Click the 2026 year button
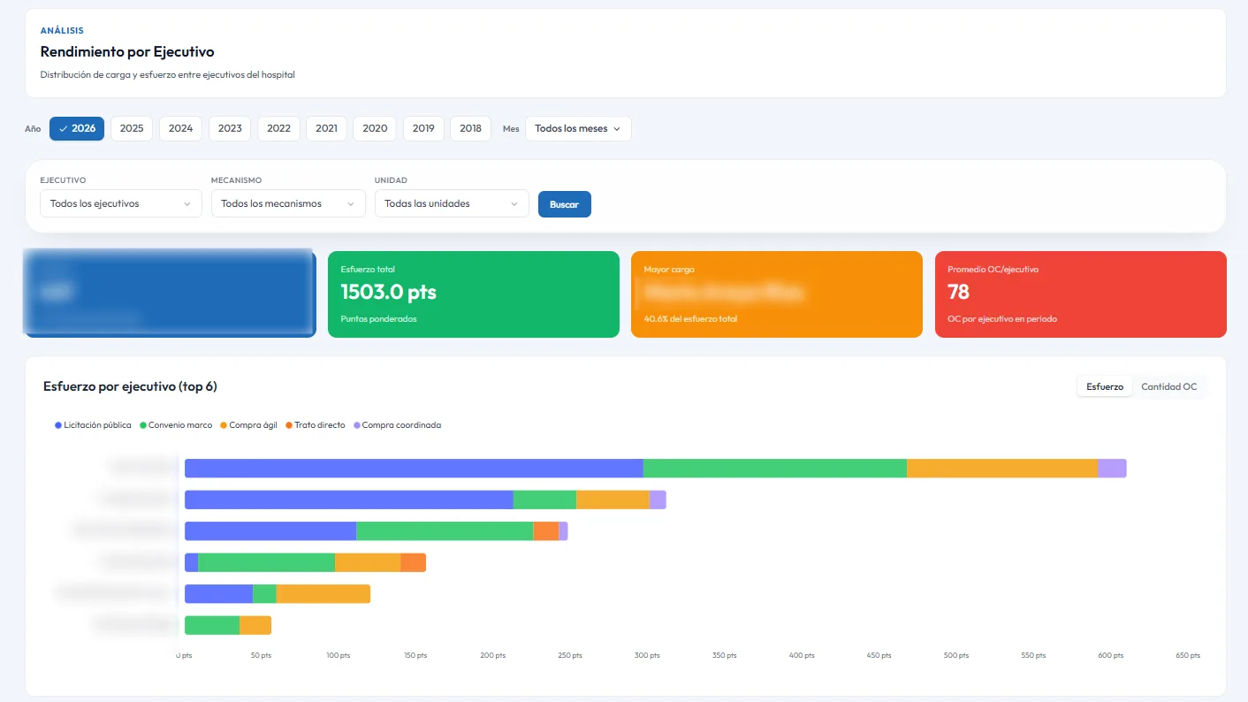point(77,128)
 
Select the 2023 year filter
point(230,128)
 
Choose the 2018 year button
point(470,128)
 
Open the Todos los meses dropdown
point(578,128)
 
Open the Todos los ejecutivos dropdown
point(120,203)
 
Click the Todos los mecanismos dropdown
point(288,203)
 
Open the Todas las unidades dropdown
point(452,203)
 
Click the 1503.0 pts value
point(388,292)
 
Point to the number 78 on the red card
point(958,292)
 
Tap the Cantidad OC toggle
point(1168,386)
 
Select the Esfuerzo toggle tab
point(1104,386)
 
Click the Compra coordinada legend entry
point(397,425)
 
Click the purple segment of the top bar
point(1112,469)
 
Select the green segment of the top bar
point(774,469)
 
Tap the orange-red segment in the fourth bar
point(413,562)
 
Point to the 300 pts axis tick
point(648,655)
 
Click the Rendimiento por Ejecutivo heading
point(127,52)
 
